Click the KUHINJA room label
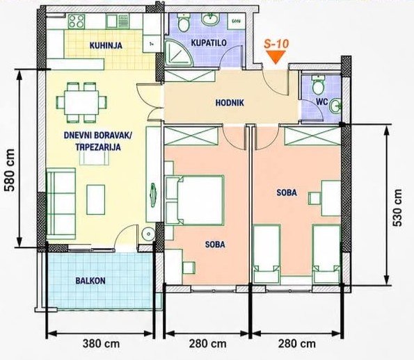pyautogui.click(x=106, y=45)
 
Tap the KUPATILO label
pyautogui.click(x=209, y=42)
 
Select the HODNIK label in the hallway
pyautogui.click(x=230, y=103)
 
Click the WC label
pyautogui.click(x=322, y=101)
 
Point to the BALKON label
pyautogui.click(x=90, y=281)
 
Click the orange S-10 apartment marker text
pyautogui.click(x=276, y=44)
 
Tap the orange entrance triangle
pyautogui.click(x=276, y=57)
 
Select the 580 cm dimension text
pyautogui.click(x=10, y=170)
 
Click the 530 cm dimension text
pyautogui.click(x=397, y=208)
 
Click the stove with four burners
pyautogui.click(x=77, y=22)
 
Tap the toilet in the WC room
pyautogui.click(x=318, y=84)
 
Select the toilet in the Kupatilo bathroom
pyautogui.click(x=184, y=23)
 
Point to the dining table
pyautogui.click(x=81, y=102)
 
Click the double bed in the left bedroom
pyautogui.click(x=194, y=200)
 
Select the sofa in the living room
pyautogui.click(x=61, y=204)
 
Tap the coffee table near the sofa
pyautogui.click(x=95, y=199)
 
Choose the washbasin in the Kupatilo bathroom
pyautogui.click(x=210, y=19)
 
